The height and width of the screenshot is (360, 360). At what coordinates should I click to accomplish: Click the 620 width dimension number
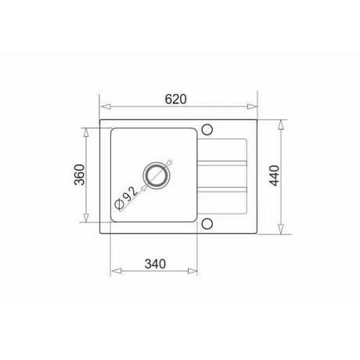[176, 99]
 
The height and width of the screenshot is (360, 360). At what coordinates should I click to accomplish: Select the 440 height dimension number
[275, 175]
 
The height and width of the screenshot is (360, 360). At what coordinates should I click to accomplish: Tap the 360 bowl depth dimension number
[79, 175]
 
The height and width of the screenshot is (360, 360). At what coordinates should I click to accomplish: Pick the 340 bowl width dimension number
[155, 264]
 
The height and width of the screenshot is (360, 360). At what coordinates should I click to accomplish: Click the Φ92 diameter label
[126, 198]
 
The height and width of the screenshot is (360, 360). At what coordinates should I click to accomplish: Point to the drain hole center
[157, 175]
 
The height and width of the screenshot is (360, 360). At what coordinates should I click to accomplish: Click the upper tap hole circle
[207, 130]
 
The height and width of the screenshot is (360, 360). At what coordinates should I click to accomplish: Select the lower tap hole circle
[207, 224]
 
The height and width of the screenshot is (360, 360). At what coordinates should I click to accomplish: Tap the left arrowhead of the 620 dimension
[106, 106]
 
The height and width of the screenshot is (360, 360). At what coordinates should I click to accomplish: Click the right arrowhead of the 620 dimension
[252, 106]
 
